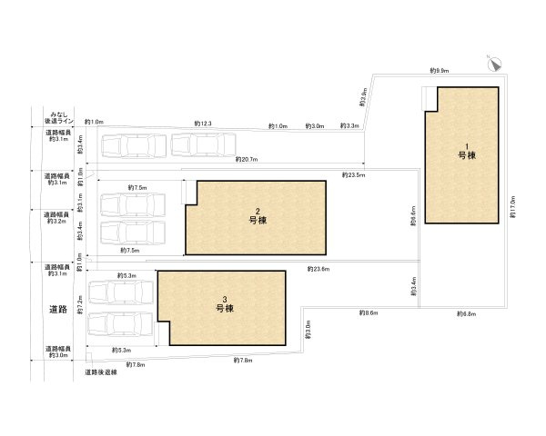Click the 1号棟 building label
pyautogui.click(x=465, y=152)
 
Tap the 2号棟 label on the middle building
pyautogui.click(x=257, y=215)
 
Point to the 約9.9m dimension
pyautogui.click(x=440, y=70)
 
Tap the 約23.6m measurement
pyautogui.click(x=318, y=269)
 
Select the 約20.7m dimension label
pyautogui.click(x=246, y=159)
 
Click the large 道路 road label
pyautogui.click(x=59, y=309)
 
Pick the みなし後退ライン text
pyautogui.click(x=58, y=117)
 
